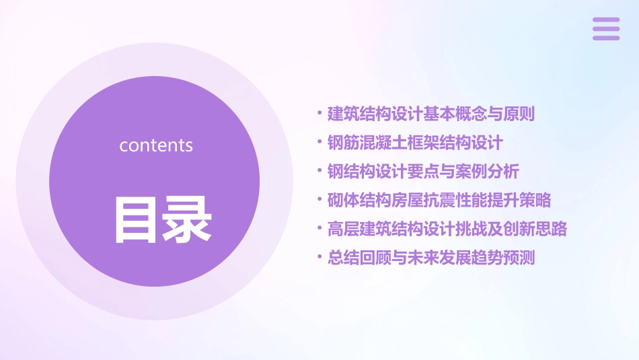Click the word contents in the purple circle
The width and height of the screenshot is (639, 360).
pos(156,145)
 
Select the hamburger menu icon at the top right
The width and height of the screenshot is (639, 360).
pos(606,29)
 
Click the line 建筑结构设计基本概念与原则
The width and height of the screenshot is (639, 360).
pos(430,114)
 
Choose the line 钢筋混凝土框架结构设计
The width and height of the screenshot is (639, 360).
pos(415,143)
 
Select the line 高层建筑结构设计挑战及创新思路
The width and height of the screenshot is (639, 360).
pos(447,229)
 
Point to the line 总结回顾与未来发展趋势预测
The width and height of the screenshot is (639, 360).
pos(430,258)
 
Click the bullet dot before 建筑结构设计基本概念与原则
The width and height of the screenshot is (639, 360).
pos(320,114)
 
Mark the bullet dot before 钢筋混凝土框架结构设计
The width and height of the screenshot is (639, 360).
pos(320,143)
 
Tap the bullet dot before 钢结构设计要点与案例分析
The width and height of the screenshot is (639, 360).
pos(320,171)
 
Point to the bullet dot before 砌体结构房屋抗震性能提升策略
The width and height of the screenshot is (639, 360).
pos(320,200)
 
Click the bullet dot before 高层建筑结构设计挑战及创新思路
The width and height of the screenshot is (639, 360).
pos(320,229)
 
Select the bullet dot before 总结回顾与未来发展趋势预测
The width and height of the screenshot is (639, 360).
pos(320,257)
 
